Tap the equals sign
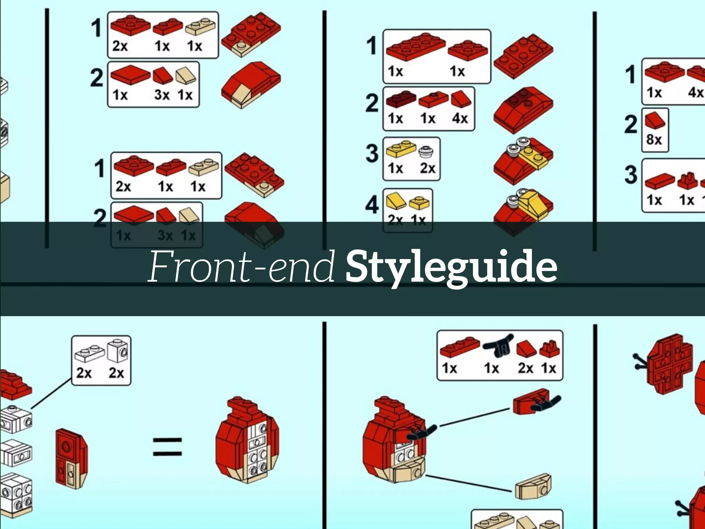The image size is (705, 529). tap(167, 446)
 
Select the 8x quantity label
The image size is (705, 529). tap(654, 140)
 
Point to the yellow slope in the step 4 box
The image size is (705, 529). tap(396, 202)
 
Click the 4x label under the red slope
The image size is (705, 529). tap(460, 118)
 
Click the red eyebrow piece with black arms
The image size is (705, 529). tap(532, 402)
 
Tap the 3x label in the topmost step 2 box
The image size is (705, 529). tap(162, 95)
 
